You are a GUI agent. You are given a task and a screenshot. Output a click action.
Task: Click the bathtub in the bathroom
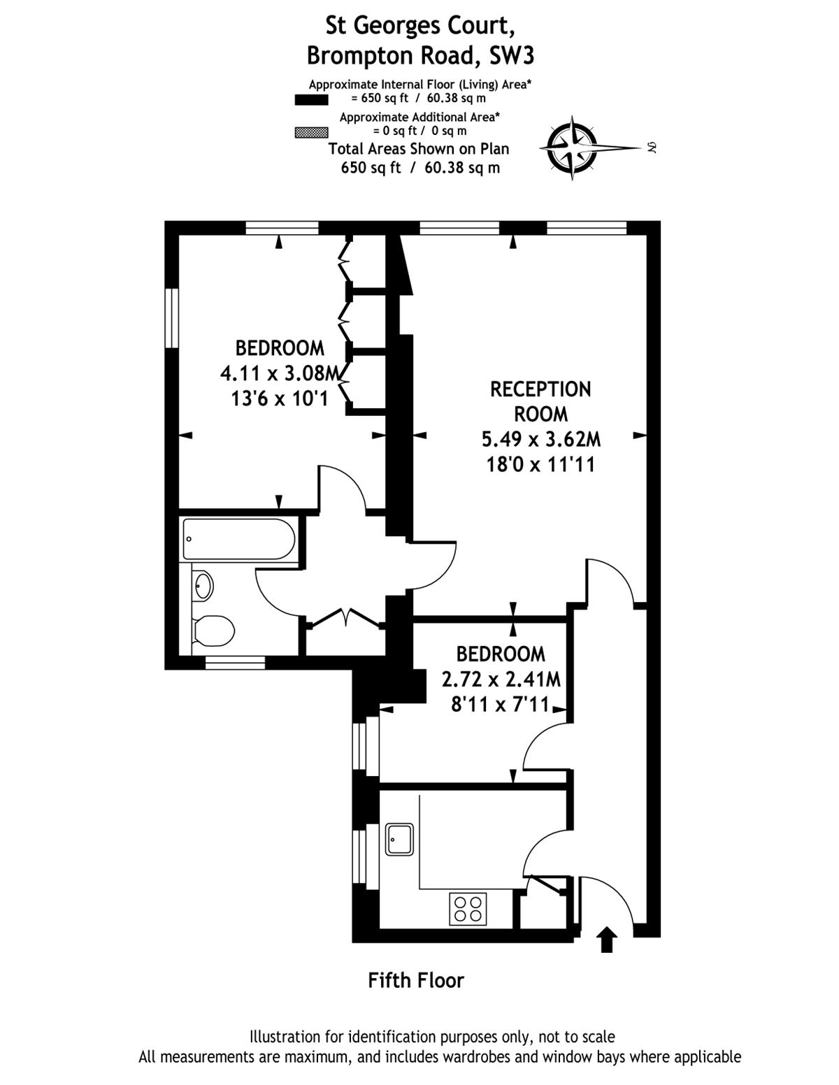(x=238, y=538)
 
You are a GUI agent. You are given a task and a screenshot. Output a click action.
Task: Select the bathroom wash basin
(x=203, y=585)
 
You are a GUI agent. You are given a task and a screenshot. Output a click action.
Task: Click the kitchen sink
(x=399, y=839)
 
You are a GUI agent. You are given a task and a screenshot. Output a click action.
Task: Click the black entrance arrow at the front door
(x=606, y=940)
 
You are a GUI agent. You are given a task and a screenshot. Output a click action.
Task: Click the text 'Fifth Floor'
(x=416, y=980)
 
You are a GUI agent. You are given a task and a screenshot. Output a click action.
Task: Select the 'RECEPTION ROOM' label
(x=540, y=401)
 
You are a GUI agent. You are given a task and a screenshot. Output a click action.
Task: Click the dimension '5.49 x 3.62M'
(x=540, y=439)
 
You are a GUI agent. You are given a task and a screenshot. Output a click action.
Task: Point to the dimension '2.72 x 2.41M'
(x=501, y=679)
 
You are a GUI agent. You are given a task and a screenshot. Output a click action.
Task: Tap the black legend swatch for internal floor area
(x=311, y=100)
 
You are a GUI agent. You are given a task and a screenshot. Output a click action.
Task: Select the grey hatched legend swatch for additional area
(x=311, y=131)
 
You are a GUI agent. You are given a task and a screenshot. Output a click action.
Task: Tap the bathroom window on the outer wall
(x=235, y=661)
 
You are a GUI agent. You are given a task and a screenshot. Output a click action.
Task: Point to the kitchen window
(x=361, y=856)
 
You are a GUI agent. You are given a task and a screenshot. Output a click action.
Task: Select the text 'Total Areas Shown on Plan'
(x=419, y=149)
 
